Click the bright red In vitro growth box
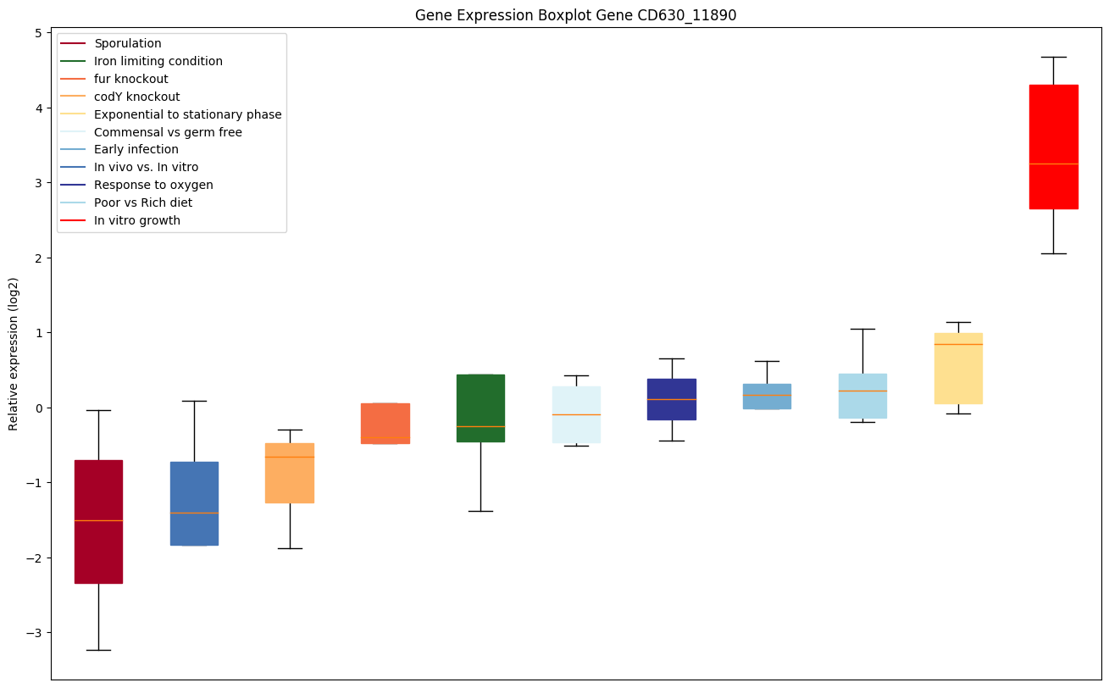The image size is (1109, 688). tap(1053, 147)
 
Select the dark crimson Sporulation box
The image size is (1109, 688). tap(98, 521)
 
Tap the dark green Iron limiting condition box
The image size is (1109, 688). tap(480, 408)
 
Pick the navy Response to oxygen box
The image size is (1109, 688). tap(672, 399)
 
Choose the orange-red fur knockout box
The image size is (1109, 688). tap(385, 423)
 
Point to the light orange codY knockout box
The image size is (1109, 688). tap(290, 473)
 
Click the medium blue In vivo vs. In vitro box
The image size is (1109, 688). tap(194, 503)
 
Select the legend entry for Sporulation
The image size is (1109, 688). tap(128, 43)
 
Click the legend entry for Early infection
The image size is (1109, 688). tap(136, 150)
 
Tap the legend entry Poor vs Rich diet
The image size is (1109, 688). tap(143, 203)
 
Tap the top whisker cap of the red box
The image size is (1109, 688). tap(1053, 57)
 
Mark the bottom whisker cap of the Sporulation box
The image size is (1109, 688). tap(98, 650)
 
